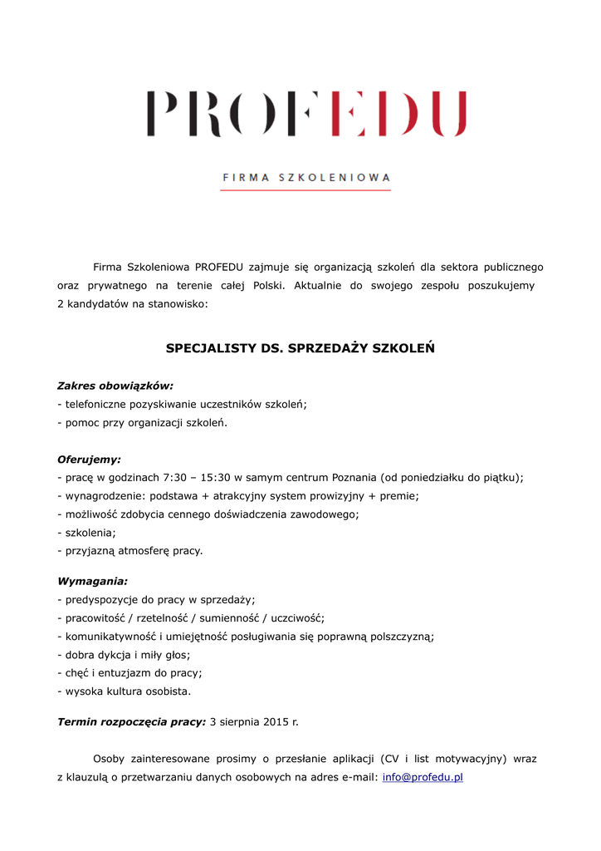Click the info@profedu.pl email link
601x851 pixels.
(423, 777)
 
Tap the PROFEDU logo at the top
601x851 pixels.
(306, 115)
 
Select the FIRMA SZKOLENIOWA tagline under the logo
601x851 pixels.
(306, 177)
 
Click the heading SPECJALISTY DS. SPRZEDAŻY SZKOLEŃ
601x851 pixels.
(300, 348)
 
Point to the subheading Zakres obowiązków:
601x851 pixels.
(115, 386)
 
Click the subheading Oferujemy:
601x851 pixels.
(89, 459)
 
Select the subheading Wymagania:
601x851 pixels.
(92, 582)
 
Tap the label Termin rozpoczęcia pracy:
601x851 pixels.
(131, 721)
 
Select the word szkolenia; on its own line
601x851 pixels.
(90, 532)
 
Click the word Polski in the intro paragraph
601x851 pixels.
(268, 285)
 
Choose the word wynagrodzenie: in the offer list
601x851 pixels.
(105, 495)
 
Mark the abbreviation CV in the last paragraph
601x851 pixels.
(392, 759)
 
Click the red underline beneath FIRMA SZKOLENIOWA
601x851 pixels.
(305, 190)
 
